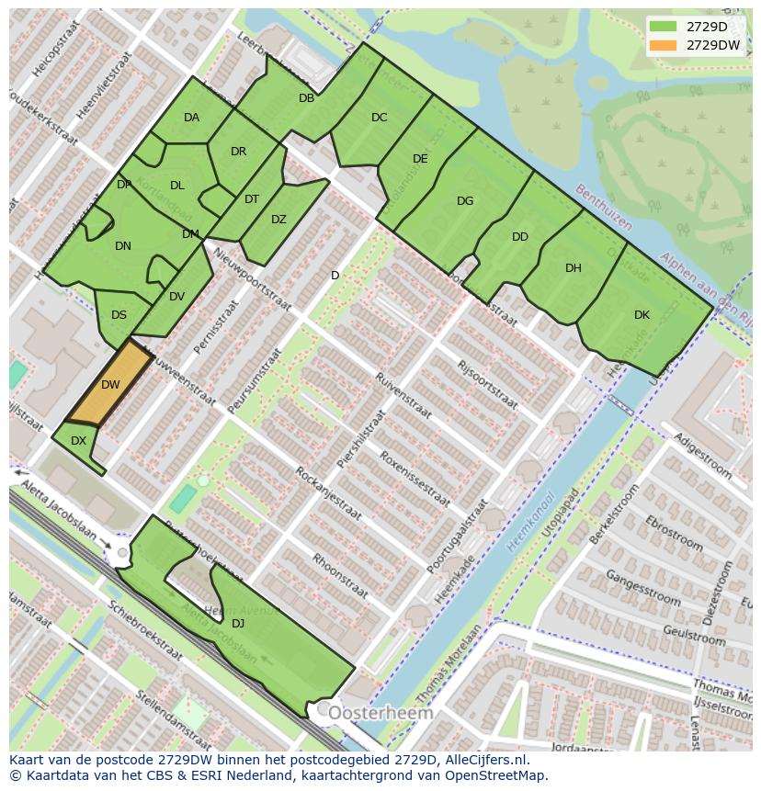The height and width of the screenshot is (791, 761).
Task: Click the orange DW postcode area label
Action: [x=110, y=384]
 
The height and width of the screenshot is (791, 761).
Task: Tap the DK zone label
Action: [x=642, y=315]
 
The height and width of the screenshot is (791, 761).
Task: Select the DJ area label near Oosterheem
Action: [x=238, y=623]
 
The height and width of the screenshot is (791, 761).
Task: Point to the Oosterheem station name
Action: [x=380, y=713]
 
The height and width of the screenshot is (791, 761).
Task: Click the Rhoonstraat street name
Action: [x=340, y=575]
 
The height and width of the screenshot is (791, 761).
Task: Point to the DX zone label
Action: [x=78, y=441]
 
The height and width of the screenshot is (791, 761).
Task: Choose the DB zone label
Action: [x=306, y=98]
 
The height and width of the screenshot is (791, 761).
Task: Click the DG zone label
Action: [x=465, y=201]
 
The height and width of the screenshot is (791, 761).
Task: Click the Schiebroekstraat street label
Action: [x=144, y=633]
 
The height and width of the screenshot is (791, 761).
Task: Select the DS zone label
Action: [x=119, y=315]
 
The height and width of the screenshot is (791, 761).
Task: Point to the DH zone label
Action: [x=574, y=268]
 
